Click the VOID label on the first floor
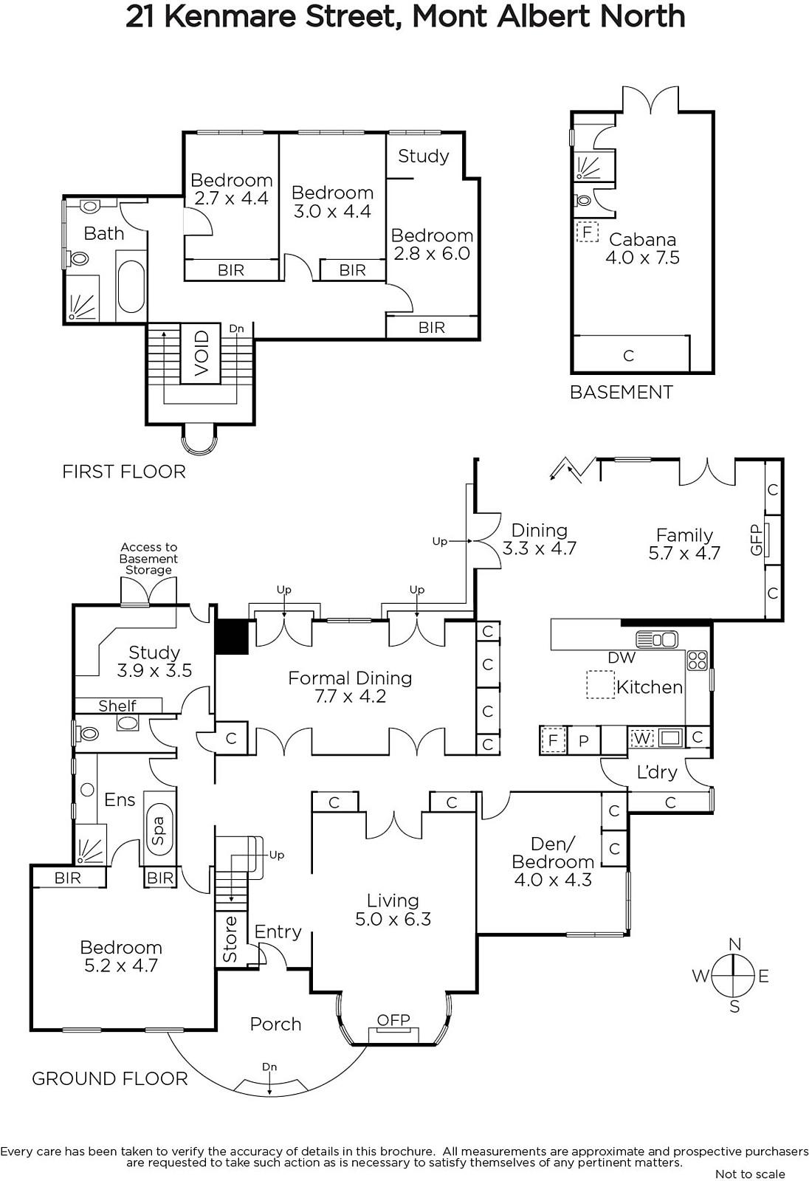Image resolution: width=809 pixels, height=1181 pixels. coord(202,354)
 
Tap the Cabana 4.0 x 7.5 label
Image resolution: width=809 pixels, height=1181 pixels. coord(642,248)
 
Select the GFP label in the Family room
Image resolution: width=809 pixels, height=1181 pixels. coord(757,540)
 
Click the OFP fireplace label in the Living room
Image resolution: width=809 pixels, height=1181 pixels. coord(393,1019)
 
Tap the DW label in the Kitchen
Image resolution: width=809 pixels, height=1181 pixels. coord(622,657)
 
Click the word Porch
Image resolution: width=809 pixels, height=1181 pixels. coord(275,1024)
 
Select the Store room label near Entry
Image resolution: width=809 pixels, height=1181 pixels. coord(230,939)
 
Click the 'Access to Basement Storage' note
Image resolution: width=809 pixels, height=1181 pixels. coord(148,558)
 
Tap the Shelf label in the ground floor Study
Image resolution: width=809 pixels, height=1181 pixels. coord(117,706)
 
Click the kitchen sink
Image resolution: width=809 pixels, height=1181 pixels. coord(657,639)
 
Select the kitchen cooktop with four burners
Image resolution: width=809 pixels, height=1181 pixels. coord(698,660)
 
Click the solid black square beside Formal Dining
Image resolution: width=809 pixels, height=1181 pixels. coord(232,636)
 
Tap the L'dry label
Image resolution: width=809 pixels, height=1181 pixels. coord(657,772)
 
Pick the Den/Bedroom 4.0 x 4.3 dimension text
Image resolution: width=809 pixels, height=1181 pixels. coord(553,879)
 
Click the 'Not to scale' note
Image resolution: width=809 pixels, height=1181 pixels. coord(750,1174)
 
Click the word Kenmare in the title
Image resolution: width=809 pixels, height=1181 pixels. coord(232,17)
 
